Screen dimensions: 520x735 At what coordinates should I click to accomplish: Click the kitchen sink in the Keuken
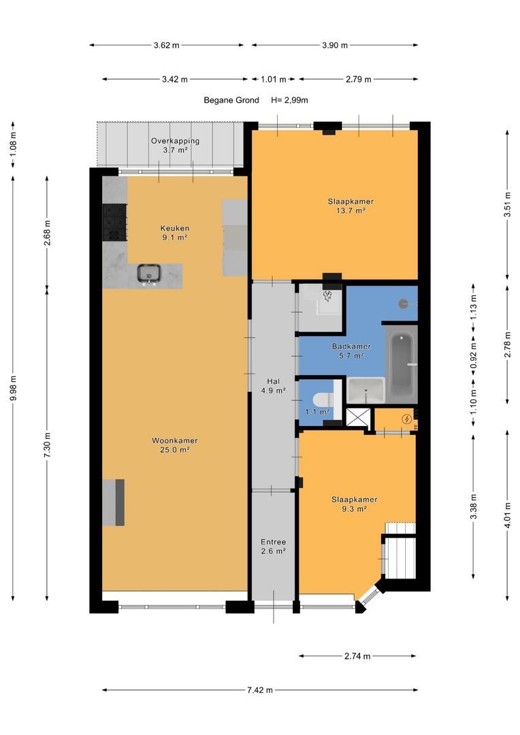click(149, 274)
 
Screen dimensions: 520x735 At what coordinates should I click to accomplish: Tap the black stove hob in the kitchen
click(114, 222)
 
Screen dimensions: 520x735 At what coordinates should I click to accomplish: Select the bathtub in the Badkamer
click(402, 363)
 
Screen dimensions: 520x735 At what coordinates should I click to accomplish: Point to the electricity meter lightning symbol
click(407, 419)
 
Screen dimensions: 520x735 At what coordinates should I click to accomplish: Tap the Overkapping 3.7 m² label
click(175, 146)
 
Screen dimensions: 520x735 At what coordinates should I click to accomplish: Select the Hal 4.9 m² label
click(274, 386)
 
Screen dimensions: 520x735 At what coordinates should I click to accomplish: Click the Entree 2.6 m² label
click(274, 546)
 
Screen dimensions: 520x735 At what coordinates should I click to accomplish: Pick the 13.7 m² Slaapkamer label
click(351, 206)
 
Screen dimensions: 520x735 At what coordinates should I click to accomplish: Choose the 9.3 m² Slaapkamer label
click(355, 504)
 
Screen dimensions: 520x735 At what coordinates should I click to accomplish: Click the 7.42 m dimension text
click(260, 690)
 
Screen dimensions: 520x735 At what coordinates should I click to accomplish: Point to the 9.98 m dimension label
click(14, 388)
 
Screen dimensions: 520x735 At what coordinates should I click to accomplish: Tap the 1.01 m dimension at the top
click(274, 79)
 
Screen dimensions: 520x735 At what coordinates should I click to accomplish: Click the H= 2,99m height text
click(289, 100)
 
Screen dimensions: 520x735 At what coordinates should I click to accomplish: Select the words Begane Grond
click(231, 100)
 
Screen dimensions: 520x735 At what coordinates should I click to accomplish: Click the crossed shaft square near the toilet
click(358, 418)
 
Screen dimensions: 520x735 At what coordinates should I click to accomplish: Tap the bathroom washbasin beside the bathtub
click(365, 389)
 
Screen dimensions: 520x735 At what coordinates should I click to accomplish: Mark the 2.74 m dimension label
click(357, 656)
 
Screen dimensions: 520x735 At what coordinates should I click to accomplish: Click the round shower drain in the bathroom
click(403, 304)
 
